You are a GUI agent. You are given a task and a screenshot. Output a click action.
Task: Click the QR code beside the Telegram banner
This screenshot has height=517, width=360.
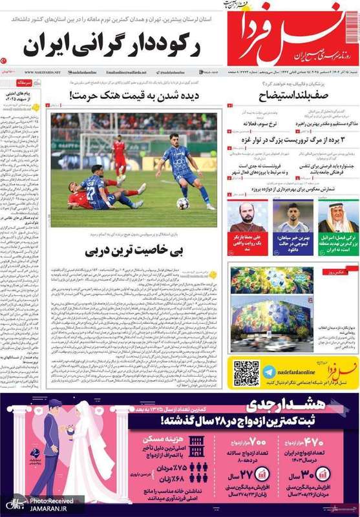tap(246, 373)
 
